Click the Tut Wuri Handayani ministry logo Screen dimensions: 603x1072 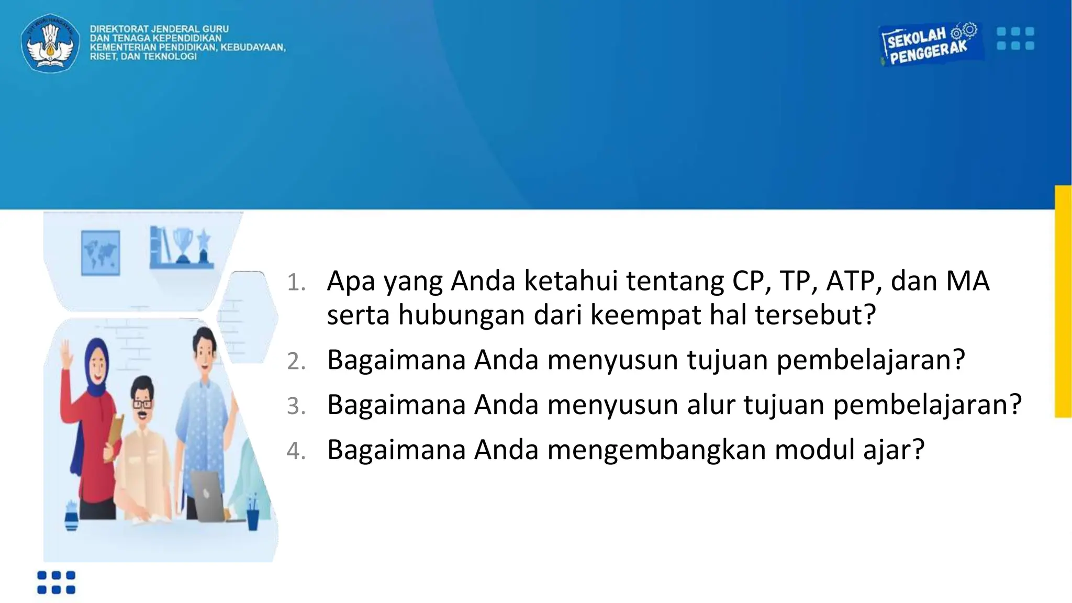click(x=50, y=43)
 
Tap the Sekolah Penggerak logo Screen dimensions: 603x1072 click(x=929, y=44)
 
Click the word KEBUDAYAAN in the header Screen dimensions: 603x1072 click(x=253, y=48)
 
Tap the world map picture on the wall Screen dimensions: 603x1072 click(x=100, y=253)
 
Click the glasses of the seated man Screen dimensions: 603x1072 click(x=142, y=404)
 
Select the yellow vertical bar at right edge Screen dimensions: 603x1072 click(x=1063, y=301)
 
